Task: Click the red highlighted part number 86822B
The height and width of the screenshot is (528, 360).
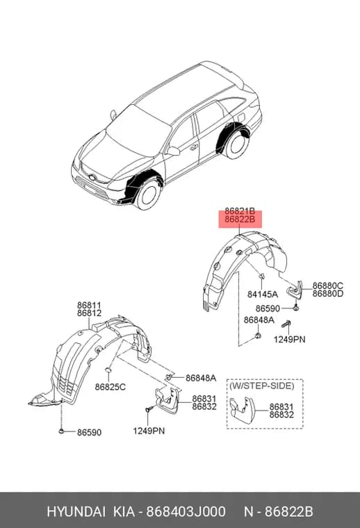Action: coord(240,220)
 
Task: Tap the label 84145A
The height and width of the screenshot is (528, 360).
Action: coord(263,295)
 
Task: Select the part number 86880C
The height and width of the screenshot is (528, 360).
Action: coord(327,286)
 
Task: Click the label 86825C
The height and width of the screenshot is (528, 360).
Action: coord(110,387)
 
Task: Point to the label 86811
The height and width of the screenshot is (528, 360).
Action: coord(89,306)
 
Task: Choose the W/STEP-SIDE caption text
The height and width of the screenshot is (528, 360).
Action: coord(262,386)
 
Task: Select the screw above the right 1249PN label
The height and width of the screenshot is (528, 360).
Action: coord(286,324)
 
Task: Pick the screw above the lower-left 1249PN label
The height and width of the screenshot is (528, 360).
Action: coord(148,409)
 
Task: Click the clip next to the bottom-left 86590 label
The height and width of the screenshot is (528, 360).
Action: coord(61,431)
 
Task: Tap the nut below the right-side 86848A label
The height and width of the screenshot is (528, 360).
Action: coord(258,336)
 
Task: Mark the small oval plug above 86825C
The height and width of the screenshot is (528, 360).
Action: coord(108,371)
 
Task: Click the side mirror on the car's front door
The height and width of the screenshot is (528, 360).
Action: coord(173,151)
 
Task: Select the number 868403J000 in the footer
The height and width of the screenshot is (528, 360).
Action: coord(186,512)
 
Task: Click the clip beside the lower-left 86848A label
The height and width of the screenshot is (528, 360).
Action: coord(170,377)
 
